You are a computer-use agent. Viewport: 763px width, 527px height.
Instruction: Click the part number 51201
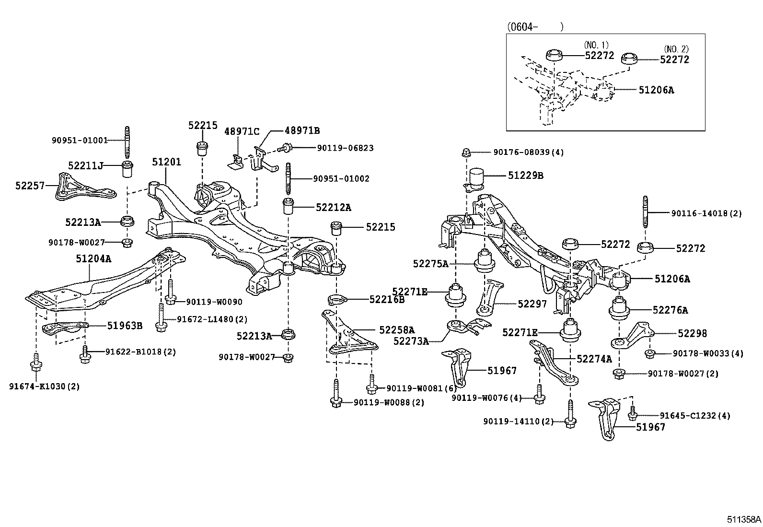(167, 162)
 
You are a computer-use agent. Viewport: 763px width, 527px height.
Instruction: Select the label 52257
(29, 186)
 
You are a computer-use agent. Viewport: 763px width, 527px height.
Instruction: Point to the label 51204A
(93, 259)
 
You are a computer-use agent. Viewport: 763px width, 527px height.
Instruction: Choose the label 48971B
(302, 130)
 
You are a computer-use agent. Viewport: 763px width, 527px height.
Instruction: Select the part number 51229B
(526, 176)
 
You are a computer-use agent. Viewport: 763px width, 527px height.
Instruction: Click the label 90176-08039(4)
(528, 152)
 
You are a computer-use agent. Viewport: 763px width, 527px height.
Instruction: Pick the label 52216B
(387, 300)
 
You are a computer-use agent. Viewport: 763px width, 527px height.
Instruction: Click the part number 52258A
(396, 330)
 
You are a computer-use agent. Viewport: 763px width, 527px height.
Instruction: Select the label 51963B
(125, 326)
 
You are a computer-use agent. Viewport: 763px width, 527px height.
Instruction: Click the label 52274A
(594, 359)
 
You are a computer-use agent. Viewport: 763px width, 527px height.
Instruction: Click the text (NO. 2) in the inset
(676, 49)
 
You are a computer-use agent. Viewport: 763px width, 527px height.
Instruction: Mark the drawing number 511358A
(743, 519)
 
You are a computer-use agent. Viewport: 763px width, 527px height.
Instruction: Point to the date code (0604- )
(535, 27)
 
